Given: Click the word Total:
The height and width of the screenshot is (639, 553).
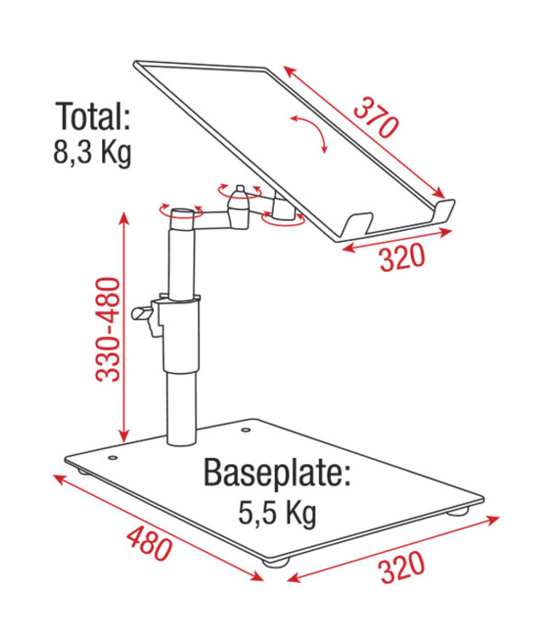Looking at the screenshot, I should point(94,116).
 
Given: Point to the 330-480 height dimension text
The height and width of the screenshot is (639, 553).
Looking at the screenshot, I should point(108,328).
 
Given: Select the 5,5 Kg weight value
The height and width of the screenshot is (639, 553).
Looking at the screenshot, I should point(276,513).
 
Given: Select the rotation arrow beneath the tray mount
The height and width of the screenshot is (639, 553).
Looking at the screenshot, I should point(282,220).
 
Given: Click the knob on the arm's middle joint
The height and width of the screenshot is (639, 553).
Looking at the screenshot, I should point(241,191).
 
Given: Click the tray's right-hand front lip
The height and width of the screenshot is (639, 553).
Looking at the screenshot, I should point(445,210).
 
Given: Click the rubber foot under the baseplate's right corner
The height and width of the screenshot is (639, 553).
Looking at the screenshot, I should point(459,513).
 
